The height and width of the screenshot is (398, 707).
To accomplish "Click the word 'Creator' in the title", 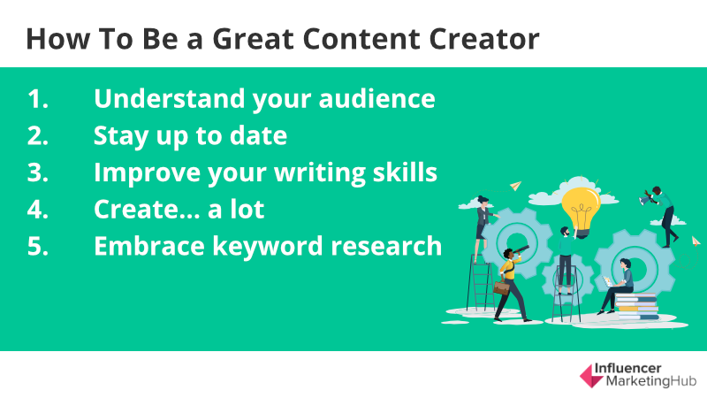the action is click(x=484, y=39).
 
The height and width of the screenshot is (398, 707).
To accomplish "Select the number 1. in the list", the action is click(x=38, y=98).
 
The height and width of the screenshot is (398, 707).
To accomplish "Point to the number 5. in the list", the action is click(x=38, y=246).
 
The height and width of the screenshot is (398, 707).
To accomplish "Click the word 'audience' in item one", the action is click(x=377, y=98).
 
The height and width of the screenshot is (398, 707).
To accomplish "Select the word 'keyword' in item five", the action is click(x=269, y=248).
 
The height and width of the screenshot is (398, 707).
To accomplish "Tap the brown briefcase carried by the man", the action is click(x=501, y=287).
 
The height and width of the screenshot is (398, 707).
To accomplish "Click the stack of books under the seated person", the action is click(x=636, y=307).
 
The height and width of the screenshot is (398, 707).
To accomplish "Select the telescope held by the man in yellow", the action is click(x=521, y=250).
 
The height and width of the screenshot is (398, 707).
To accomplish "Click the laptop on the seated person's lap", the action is click(x=608, y=281).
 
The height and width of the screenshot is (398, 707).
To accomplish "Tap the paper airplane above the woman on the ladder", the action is click(x=516, y=186).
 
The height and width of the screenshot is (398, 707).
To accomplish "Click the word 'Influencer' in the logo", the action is click(x=627, y=369).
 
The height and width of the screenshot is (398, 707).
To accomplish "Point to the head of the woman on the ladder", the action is click(x=483, y=200).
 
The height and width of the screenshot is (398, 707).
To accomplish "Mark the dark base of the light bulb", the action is click(x=582, y=233).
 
